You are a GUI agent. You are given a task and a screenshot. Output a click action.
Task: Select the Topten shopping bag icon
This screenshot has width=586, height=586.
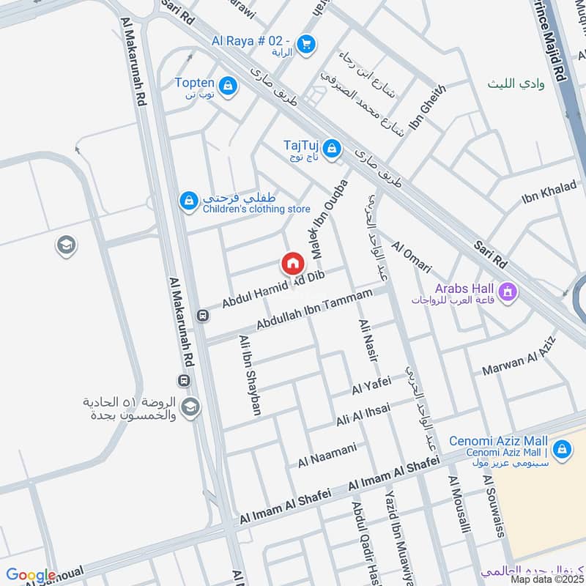coord(230,86)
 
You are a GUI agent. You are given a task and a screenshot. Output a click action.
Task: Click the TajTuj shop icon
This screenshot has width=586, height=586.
coord(333,149)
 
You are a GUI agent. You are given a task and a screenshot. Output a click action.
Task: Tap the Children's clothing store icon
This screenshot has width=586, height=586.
coord(189,200)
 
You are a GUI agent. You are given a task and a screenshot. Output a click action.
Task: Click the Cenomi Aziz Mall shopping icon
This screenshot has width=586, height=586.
coord(562,448)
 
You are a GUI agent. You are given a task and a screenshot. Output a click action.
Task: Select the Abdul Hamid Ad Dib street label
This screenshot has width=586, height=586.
coord(272,288)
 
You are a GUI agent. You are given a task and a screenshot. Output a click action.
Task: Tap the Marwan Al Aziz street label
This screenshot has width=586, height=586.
coord(519,357)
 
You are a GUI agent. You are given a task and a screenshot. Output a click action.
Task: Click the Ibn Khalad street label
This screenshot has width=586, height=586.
coord(549,192)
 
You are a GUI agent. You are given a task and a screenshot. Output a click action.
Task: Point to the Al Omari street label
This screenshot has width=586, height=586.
coord(412,258)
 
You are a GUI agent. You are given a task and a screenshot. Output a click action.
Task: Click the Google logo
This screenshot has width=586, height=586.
coord(31,576)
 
